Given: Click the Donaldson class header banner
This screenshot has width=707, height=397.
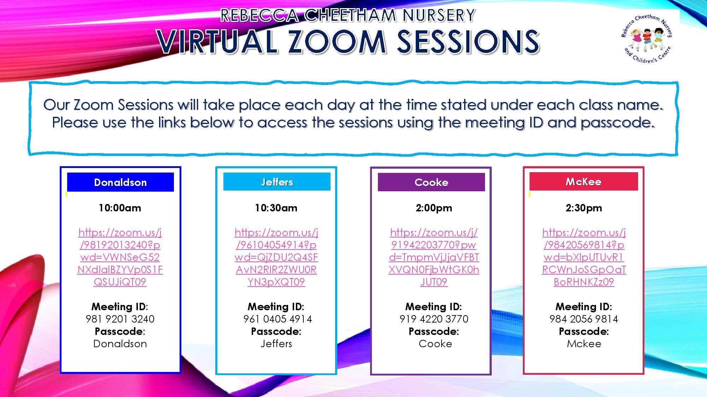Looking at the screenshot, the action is [x=120, y=182].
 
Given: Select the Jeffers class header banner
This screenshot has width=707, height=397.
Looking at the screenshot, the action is [x=277, y=182].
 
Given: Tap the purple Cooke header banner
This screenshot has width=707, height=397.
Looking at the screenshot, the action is [x=431, y=182].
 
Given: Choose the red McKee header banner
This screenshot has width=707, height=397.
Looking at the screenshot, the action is [x=584, y=181].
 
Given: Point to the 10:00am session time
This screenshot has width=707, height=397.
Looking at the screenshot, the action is [x=120, y=208].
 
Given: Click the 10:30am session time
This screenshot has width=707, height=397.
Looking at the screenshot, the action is [x=276, y=208].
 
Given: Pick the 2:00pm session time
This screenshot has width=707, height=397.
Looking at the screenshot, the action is [x=434, y=208].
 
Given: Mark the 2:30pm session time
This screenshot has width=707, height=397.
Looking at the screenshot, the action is [x=584, y=208].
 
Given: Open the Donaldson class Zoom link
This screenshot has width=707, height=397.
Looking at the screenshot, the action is [x=120, y=257].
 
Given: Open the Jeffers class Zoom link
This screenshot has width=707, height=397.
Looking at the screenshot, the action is [x=276, y=257].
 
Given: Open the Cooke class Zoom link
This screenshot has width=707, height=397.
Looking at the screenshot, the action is [x=434, y=257].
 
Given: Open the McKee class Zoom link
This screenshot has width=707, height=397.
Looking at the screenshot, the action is [x=584, y=257].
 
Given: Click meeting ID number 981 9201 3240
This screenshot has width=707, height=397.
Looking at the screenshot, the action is [x=120, y=319].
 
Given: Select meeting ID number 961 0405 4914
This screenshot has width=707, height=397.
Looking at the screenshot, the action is [x=277, y=319].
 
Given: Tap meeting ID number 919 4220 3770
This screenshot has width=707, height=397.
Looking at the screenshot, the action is [x=434, y=319].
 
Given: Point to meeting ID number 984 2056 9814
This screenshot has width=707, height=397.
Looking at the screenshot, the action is [x=584, y=319].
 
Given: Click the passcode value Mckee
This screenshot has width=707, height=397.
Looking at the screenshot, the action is [x=584, y=344].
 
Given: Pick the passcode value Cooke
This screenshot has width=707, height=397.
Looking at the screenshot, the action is [x=435, y=344].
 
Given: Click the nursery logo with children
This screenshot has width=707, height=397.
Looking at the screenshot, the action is [x=647, y=38].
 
